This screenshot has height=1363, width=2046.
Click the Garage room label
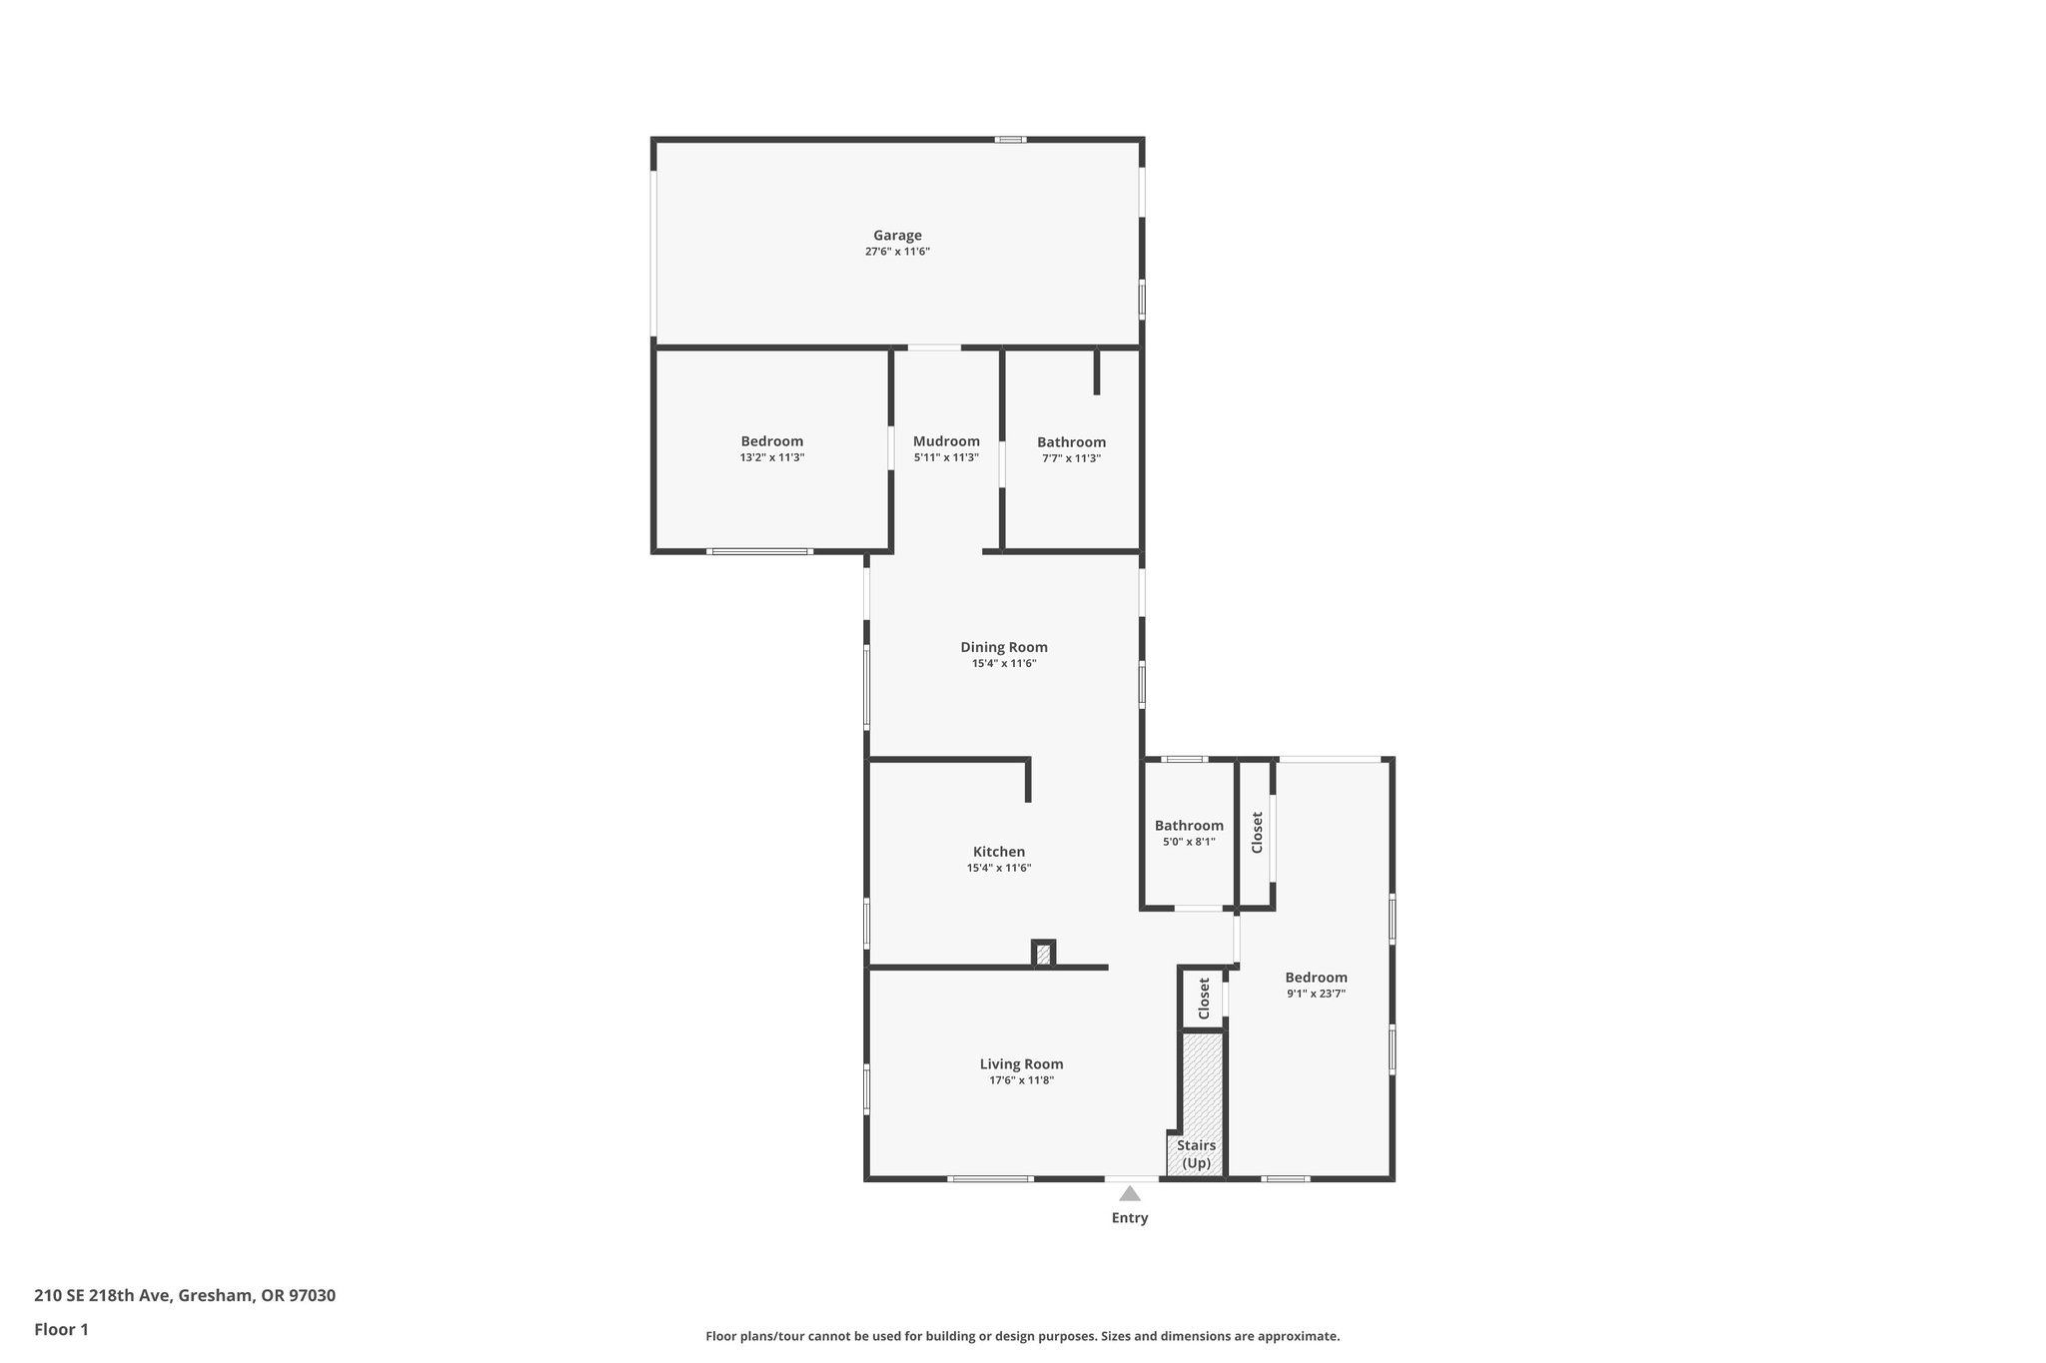897,236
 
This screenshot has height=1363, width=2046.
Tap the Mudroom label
946,441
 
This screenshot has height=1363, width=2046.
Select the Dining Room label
1004,647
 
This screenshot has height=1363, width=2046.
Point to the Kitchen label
999,852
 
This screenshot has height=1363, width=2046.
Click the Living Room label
1021,1064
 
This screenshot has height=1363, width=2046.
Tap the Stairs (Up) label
1196,1154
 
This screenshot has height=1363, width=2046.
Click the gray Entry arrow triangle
1130,1193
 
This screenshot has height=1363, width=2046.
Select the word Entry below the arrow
1130,1218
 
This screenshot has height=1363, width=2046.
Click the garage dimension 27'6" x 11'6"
897,252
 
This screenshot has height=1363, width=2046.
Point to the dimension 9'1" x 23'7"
1316,994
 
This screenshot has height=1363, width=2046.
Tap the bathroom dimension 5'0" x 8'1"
1189,842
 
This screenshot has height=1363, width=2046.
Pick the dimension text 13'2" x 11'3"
772,457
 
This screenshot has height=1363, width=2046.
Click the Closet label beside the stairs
1204,999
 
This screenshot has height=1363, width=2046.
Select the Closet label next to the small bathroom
1258,832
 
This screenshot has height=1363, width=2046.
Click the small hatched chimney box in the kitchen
1043,955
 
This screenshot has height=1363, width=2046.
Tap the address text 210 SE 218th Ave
185,1296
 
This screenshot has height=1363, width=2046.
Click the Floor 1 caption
62,1329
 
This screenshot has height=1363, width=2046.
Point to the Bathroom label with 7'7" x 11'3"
1071,442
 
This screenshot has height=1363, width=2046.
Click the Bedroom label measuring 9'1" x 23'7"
1316,978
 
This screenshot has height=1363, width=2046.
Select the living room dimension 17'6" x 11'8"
1021,1080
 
